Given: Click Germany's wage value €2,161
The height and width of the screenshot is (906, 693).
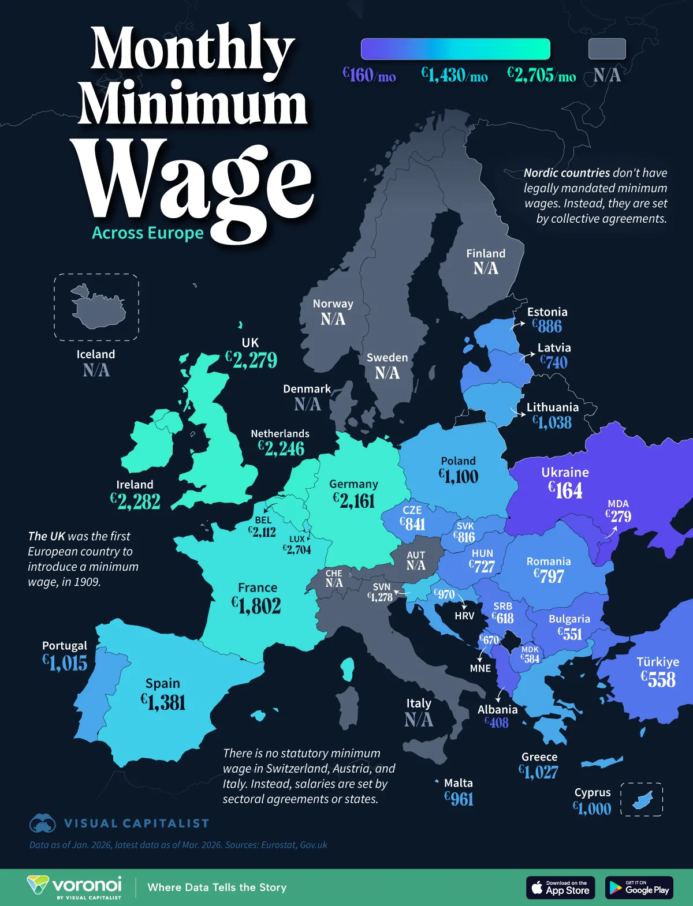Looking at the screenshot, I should (x=354, y=500).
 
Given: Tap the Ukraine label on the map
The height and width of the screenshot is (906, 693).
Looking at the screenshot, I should (x=565, y=472).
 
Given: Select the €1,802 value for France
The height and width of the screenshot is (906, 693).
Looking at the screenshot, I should (x=256, y=605).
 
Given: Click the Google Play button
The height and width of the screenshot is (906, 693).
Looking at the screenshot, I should (x=639, y=888).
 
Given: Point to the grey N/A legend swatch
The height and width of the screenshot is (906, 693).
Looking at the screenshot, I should (x=607, y=49).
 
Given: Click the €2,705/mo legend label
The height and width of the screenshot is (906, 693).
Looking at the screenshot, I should (x=541, y=75).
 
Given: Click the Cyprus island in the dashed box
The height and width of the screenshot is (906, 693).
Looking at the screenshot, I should (x=642, y=800).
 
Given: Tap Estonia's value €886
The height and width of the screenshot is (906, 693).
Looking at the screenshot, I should (x=546, y=327).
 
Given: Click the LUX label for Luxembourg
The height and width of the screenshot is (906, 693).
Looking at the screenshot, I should (x=297, y=539).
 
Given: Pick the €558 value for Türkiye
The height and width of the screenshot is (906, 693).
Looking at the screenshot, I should (x=658, y=679).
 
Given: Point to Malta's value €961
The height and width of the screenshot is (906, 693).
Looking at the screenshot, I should (x=459, y=799).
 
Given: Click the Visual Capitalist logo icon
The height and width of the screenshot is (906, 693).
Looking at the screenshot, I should (x=42, y=823).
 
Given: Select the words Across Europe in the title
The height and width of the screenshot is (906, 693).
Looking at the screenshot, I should (x=148, y=233).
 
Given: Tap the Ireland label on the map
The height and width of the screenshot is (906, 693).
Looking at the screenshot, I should (x=135, y=485).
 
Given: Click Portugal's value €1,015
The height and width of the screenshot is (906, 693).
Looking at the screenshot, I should (x=65, y=663).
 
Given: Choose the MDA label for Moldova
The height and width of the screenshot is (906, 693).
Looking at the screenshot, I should (x=618, y=504).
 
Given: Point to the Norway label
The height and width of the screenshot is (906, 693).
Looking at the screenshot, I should (x=333, y=304).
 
